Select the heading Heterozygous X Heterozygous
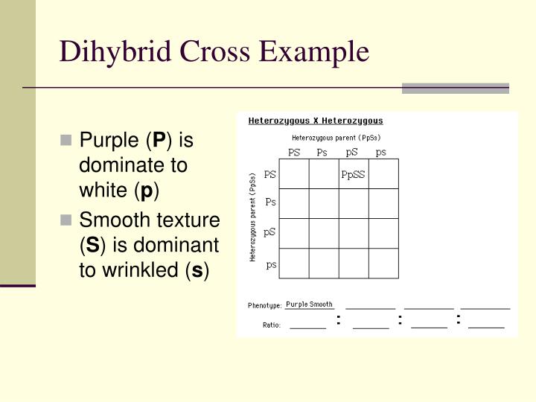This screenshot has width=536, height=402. click(316, 121)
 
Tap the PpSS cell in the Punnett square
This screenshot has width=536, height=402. click(354, 175)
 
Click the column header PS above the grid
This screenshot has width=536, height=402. click(294, 153)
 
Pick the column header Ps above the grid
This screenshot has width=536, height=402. click(322, 153)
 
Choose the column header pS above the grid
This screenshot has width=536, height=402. click(352, 153)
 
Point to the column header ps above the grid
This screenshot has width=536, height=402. click(381, 153)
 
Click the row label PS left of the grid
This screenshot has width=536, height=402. click(270, 175)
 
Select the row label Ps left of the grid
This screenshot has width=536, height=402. click(271, 202)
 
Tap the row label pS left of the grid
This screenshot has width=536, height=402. click(270, 232)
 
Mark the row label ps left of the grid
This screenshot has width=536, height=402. click(272, 264)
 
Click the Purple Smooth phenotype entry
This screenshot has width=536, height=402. click(310, 304)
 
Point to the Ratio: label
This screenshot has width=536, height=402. click(271, 325)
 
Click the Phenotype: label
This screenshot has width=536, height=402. click(264, 305)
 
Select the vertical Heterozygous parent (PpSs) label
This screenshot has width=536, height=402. click(253, 217)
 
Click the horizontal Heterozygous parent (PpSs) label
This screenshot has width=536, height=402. click(336, 138)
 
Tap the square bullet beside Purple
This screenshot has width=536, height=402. click(66, 140)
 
